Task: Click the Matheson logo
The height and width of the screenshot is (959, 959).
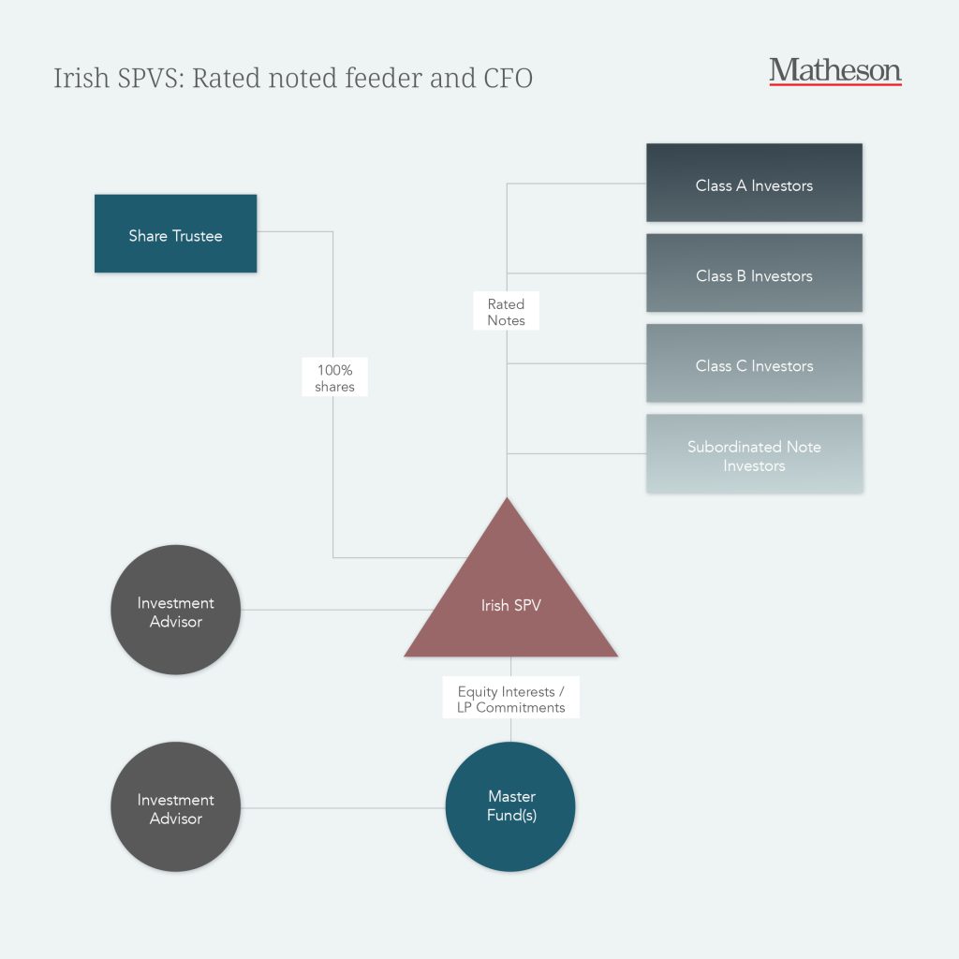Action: point(834,70)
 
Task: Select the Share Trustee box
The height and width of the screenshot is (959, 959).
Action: point(175,233)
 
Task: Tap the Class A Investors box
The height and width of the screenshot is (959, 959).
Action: point(754,183)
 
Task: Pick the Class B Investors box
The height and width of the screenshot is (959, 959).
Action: point(754,273)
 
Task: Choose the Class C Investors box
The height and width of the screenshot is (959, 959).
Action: point(754,363)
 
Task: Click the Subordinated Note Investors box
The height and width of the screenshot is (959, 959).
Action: point(754,454)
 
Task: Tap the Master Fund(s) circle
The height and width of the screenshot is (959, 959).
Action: point(510,806)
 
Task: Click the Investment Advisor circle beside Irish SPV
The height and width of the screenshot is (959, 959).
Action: point(175,610)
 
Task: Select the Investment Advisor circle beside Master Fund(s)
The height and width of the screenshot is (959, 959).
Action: point(175,807)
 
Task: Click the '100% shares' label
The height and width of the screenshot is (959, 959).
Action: point(334,377)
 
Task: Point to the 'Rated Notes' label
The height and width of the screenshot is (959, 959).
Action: point(506,312)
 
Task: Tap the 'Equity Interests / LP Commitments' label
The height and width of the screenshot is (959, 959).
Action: point(510,700)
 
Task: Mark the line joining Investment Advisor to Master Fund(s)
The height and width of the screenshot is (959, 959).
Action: point(342,807)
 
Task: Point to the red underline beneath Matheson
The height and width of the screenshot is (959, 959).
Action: point(834,84)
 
